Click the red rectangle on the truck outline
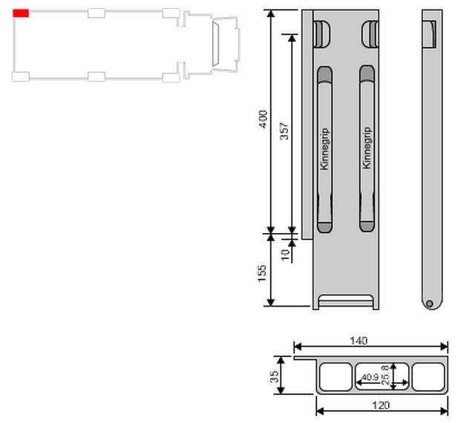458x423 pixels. tap(21, 13)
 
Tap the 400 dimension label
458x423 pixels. tap(264, 119)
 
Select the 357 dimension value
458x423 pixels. tap(284, 131)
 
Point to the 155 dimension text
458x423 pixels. tap(262, 273)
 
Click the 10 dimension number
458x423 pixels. tap(285, 255)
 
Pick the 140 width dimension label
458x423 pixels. tap(359, 341)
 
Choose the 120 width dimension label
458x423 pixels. tap(381, 405)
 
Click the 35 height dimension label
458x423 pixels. tap(274, 376)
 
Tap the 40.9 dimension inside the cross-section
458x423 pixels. tap(370, 377)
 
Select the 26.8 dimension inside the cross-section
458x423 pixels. tap(385, 375)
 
